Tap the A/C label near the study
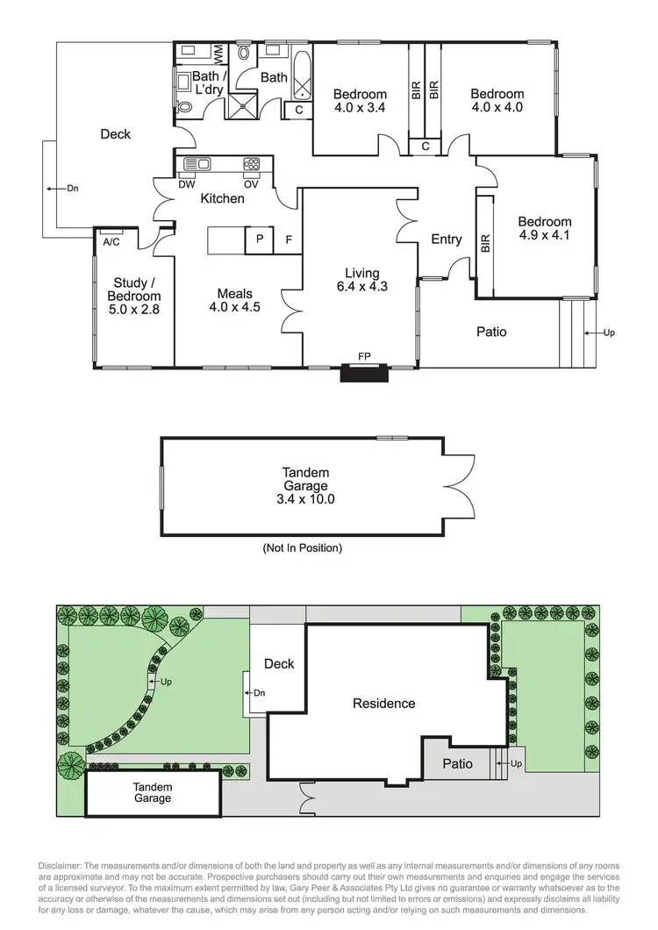(111, 241)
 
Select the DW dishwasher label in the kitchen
(186, 184)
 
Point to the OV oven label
(251, 184)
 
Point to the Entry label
(447, 240)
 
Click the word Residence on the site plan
(383, 703)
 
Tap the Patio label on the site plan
(458, 763)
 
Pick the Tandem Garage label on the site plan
(153, 793)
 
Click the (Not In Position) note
(303, 548)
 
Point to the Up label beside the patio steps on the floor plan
(609, 333)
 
